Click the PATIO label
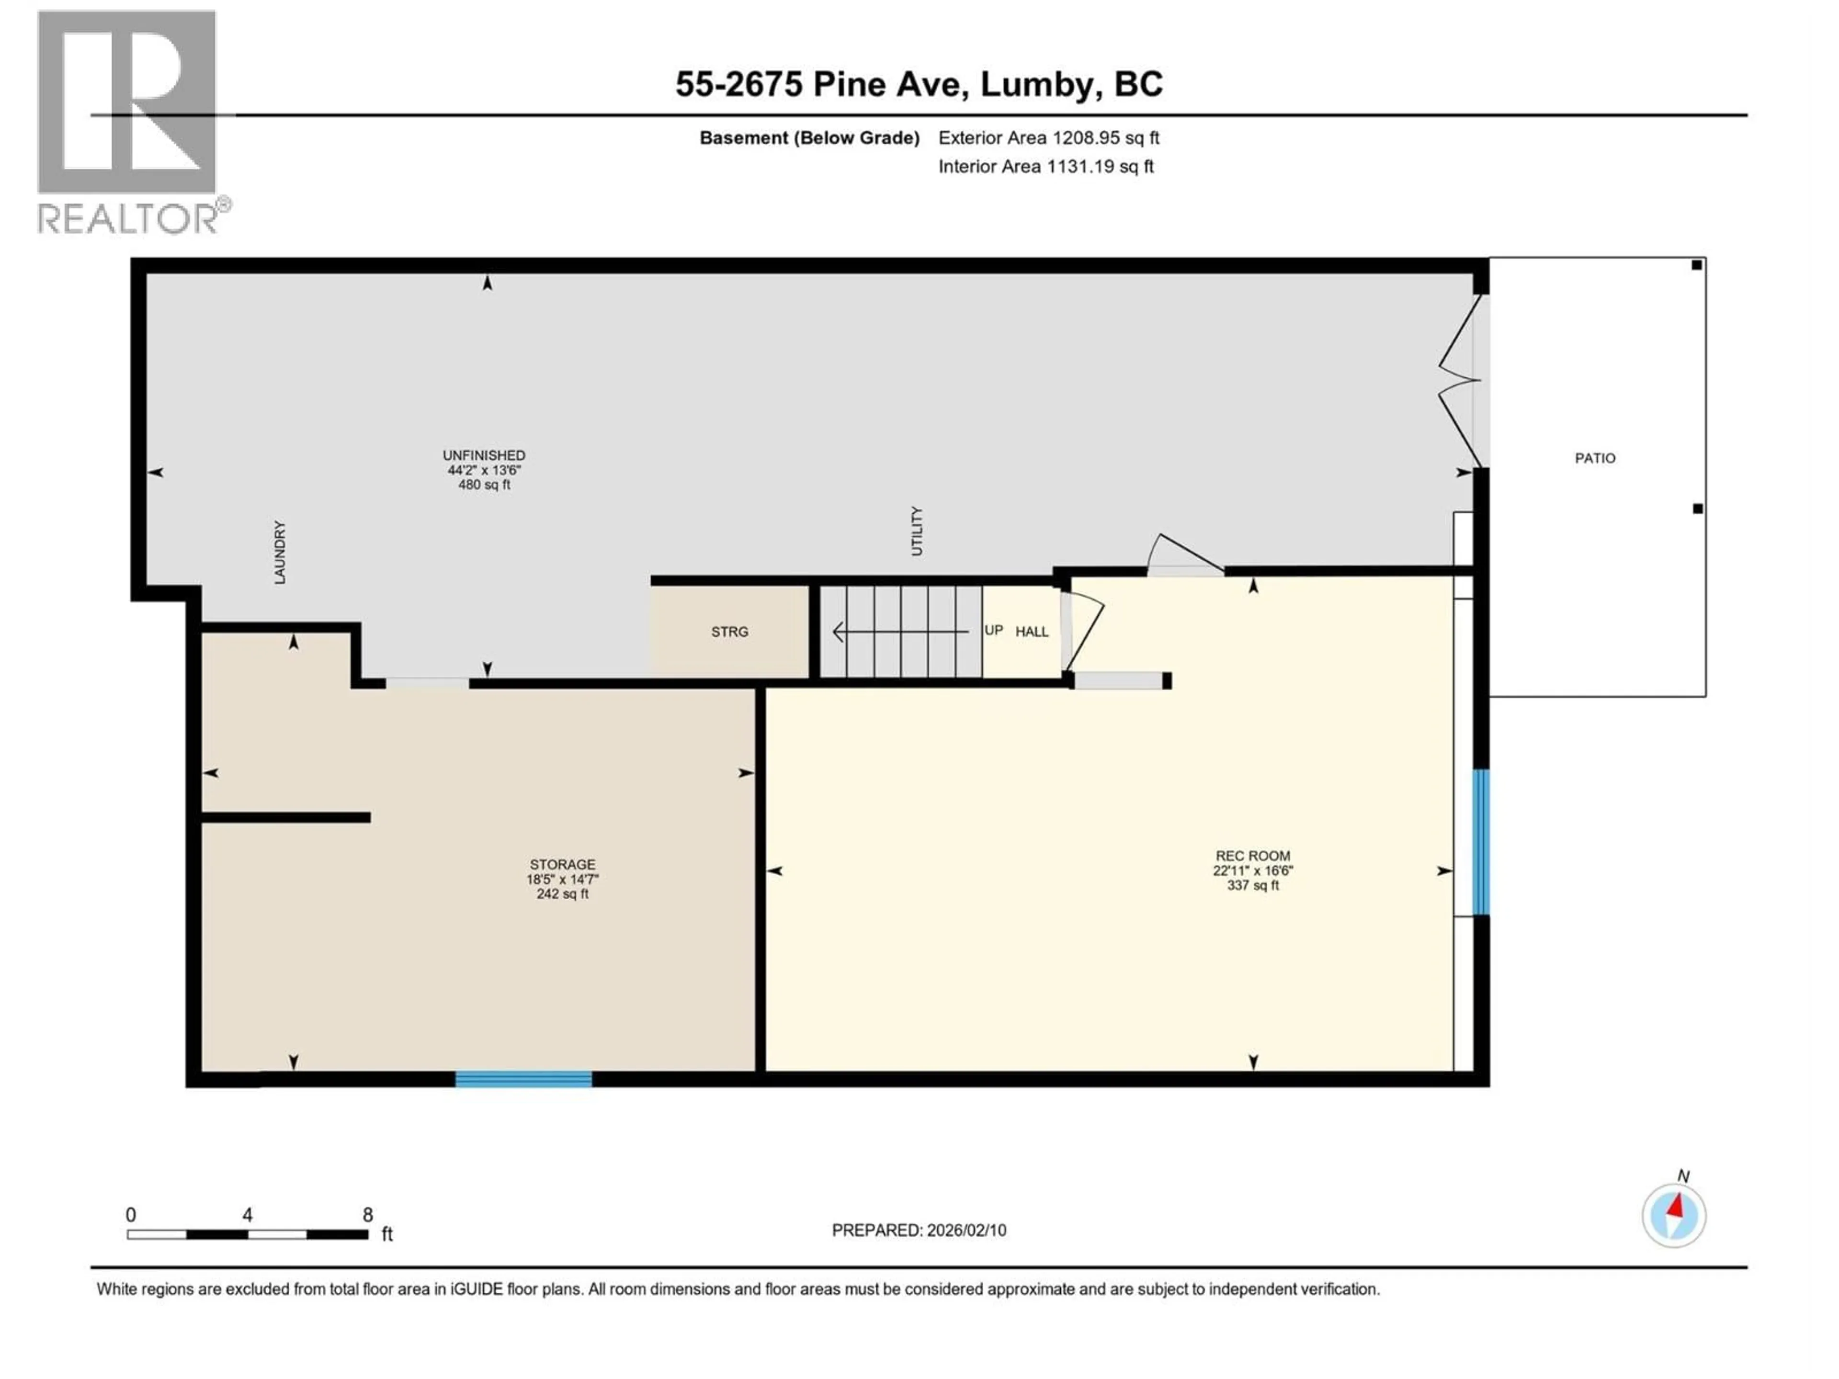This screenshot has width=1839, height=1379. (x=1595, y=458)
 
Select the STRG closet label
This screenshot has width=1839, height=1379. (x=729, y=632)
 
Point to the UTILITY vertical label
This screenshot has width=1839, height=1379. (x=916, y=531)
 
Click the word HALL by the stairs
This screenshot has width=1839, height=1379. (x=1031, y=632)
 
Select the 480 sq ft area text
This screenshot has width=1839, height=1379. (x=484, y=485)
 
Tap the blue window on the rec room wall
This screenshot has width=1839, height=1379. (x=1481, y=842)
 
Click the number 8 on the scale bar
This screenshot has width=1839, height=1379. (x=367, y=1214)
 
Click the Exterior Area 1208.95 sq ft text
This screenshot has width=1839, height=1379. (x=1048, y=138)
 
